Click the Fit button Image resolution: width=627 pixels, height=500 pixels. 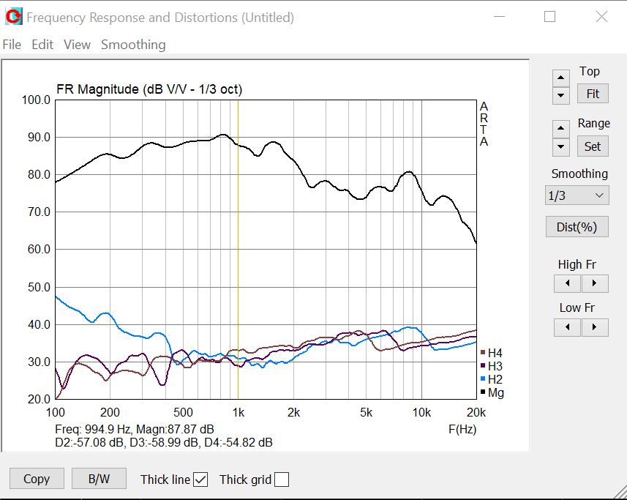point(593,94)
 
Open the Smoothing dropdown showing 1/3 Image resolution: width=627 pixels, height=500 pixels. point(577,195)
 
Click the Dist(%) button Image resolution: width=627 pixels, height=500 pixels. point(577,227)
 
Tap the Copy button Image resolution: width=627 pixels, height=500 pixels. point(37,479)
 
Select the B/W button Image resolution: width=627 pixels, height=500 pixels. point(99,479)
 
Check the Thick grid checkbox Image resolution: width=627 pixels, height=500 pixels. point(282,480)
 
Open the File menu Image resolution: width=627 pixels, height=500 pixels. point(12,45)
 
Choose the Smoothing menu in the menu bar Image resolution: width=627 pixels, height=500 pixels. point(133,45)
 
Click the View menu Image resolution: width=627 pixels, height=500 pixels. point(77,45)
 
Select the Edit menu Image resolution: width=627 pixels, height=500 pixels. point(42,45)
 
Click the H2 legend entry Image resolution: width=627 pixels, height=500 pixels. point(495,379)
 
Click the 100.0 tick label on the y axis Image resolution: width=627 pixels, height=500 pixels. point(36,100)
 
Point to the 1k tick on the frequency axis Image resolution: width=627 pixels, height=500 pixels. point(238,412)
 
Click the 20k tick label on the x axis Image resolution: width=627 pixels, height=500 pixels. point(476,412)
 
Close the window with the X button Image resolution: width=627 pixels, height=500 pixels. point(601,17)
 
